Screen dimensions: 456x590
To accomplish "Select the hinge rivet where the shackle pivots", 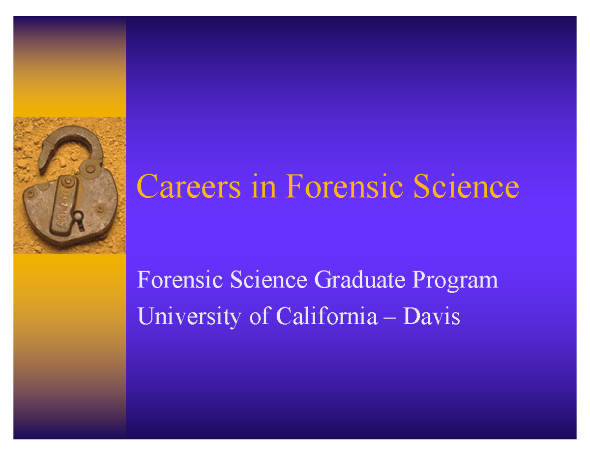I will point(90,169).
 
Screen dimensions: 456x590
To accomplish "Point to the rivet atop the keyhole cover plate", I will point(68,183).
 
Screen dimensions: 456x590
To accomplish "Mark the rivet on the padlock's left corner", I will point(30,194).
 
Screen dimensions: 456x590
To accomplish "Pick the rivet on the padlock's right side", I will point(100,210).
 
